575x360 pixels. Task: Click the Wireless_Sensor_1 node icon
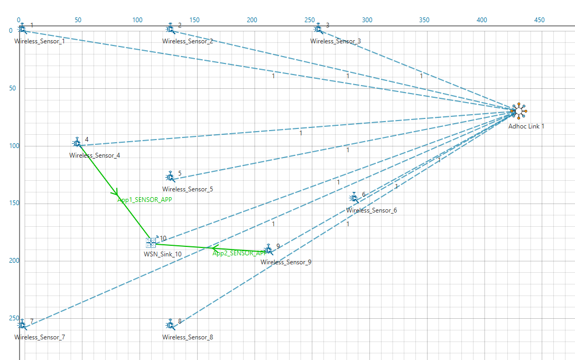(22, 29)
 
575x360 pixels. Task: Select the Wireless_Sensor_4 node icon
(77, 143)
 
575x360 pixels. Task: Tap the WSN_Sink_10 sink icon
(152, 242)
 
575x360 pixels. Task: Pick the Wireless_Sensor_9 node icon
(268, 250)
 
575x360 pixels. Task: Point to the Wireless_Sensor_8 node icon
(170, 324)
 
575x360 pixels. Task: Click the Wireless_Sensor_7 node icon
(22, 324)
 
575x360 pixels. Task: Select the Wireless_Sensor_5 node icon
(170, 176)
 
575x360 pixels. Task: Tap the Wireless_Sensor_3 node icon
(318, 27)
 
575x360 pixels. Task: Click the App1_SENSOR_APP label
(144, 200)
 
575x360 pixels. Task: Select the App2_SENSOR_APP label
(239, 253)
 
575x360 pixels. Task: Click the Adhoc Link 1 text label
(526, 126)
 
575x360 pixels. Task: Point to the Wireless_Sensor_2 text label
(188, 41)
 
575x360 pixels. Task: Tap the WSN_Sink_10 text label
(163, 254)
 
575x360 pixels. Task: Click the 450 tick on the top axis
(539, 20)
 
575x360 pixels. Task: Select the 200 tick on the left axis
(11, 261)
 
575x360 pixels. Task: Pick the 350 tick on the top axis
(424, 20)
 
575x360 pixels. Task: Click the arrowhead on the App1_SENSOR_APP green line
(116, 192)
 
